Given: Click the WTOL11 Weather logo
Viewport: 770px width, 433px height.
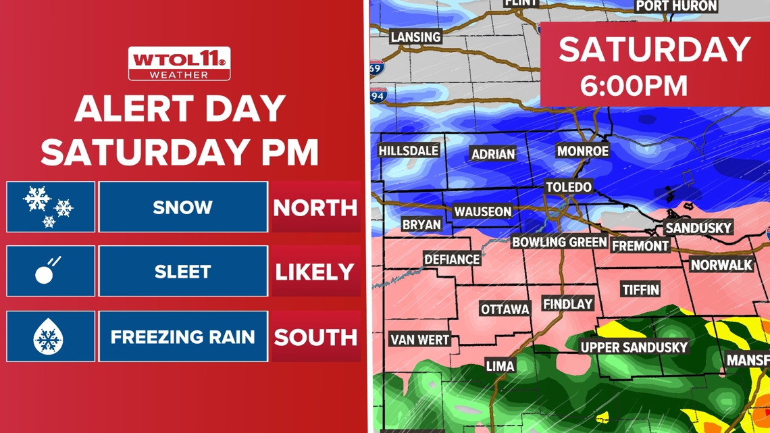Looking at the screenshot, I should pyautogui.click(x=180, y=63).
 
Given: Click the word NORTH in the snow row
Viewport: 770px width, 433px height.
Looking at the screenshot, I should pyautogui.click(x=315, y=207).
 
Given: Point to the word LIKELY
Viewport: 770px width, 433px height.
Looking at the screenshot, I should pyautogui.click(x=315, y=272).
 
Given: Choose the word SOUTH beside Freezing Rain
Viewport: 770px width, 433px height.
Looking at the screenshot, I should pyautogui.click(x=315, y=336).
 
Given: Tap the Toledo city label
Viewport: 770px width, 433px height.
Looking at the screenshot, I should pyautogui.click(x=569, y=187).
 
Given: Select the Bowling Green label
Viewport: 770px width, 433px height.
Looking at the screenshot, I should pyautogui.click(x=559, y=242).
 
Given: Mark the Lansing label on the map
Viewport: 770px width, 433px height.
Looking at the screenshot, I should pyautogui.click(x=415, y=36).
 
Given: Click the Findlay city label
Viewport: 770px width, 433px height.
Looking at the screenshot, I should pyautogui.click(x=568, y=305).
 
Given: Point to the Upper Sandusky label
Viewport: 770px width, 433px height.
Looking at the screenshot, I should pyautogui.click(x=634, y=347).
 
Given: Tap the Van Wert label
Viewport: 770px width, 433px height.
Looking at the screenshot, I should pyautogui.click(x=419, y=339).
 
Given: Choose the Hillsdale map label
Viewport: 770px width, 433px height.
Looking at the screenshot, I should pyautogui.click(x=409, y=151).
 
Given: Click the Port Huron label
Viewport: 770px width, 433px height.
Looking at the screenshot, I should pyautogui.click(x=675, y=6).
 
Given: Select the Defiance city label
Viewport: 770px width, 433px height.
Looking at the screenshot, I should pyautogui.click(x=452, y=259).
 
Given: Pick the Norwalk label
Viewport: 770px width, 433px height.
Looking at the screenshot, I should pyautogui.click(x=721, y=265).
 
